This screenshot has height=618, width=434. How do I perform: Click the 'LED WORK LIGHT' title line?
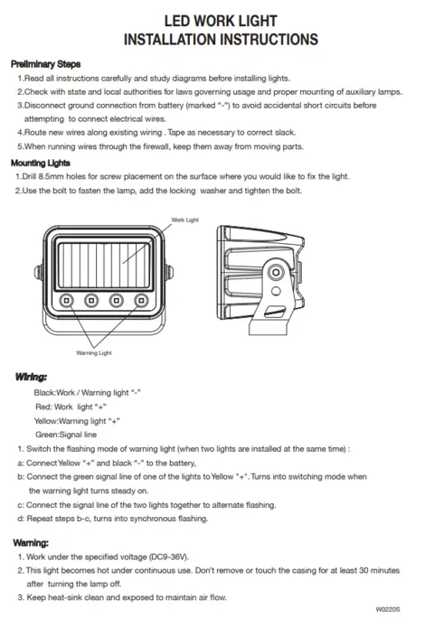point(221,21)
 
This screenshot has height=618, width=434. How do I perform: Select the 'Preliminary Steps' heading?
point(46,64)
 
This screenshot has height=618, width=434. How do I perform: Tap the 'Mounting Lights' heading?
point(41,164)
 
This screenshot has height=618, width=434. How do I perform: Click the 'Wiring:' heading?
point(31,377)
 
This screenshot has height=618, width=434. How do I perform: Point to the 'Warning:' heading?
point(31,543)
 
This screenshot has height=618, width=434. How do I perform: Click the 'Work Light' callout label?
point(184,220)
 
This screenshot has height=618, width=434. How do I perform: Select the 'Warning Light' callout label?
point(94,352)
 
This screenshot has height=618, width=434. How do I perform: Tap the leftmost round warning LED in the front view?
point(66,301)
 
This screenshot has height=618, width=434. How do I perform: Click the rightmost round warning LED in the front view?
point(141,301)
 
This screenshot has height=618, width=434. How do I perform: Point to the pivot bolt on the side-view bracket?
point(276,272)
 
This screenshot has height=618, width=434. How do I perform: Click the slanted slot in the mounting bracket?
point(275,312)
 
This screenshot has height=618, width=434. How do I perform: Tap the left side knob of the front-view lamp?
point(39,272)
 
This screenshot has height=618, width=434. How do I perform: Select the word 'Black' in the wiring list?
point(44,392)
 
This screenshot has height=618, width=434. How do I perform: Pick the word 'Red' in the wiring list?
point(42,407)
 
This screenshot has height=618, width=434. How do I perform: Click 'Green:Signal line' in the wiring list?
point(66,435)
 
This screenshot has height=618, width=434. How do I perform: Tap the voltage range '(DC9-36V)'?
point(169,557)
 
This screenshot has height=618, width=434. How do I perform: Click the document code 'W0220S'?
point(388,609)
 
